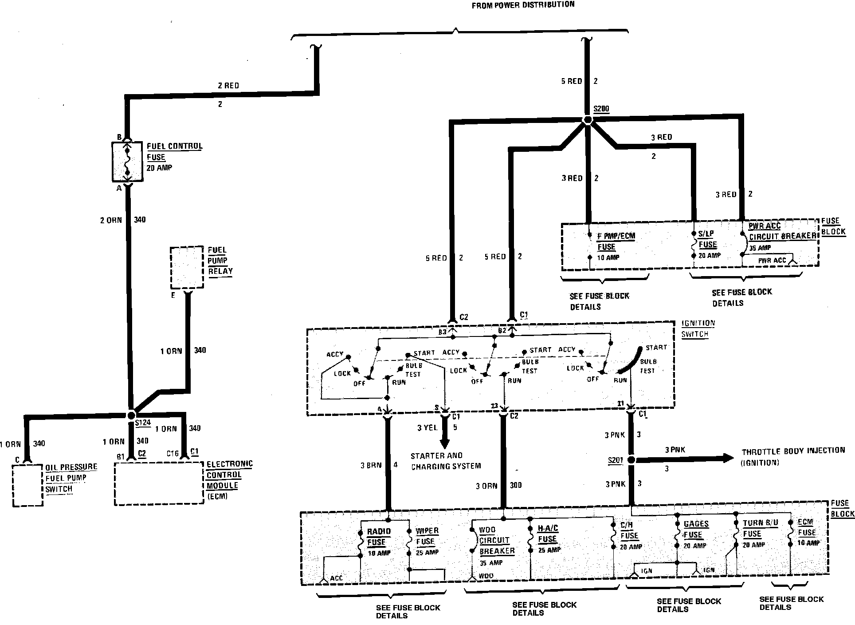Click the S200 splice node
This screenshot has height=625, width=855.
[588, 120]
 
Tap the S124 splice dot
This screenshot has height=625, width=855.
[131, 415]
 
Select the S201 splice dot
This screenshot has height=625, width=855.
[631, 459]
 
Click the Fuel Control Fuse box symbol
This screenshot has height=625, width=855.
[127, 162]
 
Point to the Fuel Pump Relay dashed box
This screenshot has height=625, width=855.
[187, 268]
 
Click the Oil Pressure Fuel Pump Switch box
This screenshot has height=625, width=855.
[27, 485]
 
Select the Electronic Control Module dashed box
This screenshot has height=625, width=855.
[159, 483]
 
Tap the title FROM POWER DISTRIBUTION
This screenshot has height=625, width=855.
[523, 5]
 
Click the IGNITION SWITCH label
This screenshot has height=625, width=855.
[698, 329]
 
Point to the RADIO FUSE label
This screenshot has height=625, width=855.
[378, 537]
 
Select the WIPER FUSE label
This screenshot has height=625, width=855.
[427, 536]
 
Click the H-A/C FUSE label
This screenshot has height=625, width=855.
[547, 534]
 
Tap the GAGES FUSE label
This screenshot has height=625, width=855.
[696, 529]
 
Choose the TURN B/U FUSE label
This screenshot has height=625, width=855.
[760, 528]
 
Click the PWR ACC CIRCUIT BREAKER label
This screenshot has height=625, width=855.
[782, 231]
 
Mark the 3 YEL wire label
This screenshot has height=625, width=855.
[427, 427]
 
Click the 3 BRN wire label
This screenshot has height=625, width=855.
[371, 466]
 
